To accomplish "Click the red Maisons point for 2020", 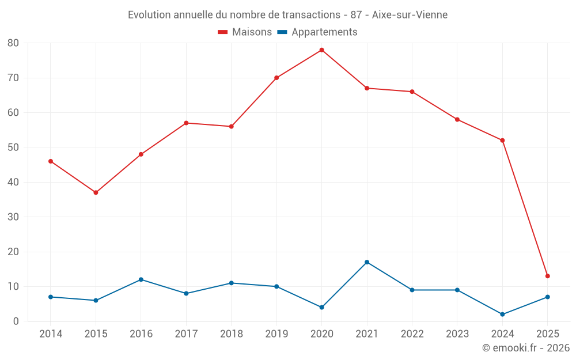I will tap(321, 50).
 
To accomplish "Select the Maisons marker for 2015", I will tap(96, 192).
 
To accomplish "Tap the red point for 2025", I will tap(547, 276).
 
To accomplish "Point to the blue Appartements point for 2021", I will tap(367, 262).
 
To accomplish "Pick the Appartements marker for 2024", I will tap(502, 314).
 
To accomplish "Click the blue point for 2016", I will tap(141, 279).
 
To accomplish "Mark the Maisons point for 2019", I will tap(276, 78).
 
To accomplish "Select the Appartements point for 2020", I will tap(321, 307).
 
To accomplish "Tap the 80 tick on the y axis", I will tap(13, 43).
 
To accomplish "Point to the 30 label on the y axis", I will tap(13, 217).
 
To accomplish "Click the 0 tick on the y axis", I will tap(16, 321).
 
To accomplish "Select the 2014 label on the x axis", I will tap(51, 334).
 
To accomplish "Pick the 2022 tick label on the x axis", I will tap(412, 334).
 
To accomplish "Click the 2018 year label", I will tap(231, 334).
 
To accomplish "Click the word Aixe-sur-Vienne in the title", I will tap(410, 14).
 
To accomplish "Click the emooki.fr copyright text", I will tap(525, 348).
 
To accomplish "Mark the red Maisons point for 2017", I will tap(186, 123).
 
